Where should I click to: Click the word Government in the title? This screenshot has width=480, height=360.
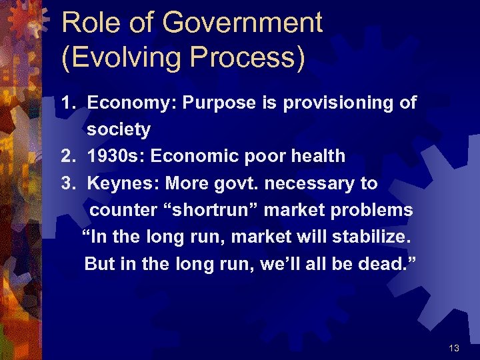(243, 23)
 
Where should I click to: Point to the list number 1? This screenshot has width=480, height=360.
(67, 103)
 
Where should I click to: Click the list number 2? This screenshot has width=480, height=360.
(67, 157)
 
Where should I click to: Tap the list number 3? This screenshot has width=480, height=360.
(67, 183)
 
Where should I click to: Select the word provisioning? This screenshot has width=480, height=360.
(338, 103)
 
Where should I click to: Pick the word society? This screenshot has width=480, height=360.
(119, 129)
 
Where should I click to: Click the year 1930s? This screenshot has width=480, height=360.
(117, 157)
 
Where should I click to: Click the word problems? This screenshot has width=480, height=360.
(373, 210)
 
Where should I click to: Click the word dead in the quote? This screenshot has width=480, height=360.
(386, 263)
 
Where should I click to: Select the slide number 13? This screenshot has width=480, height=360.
(455, 348)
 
